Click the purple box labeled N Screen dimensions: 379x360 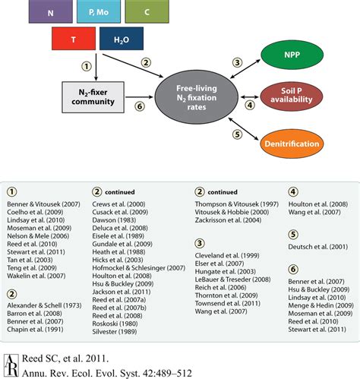coord(50,11)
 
